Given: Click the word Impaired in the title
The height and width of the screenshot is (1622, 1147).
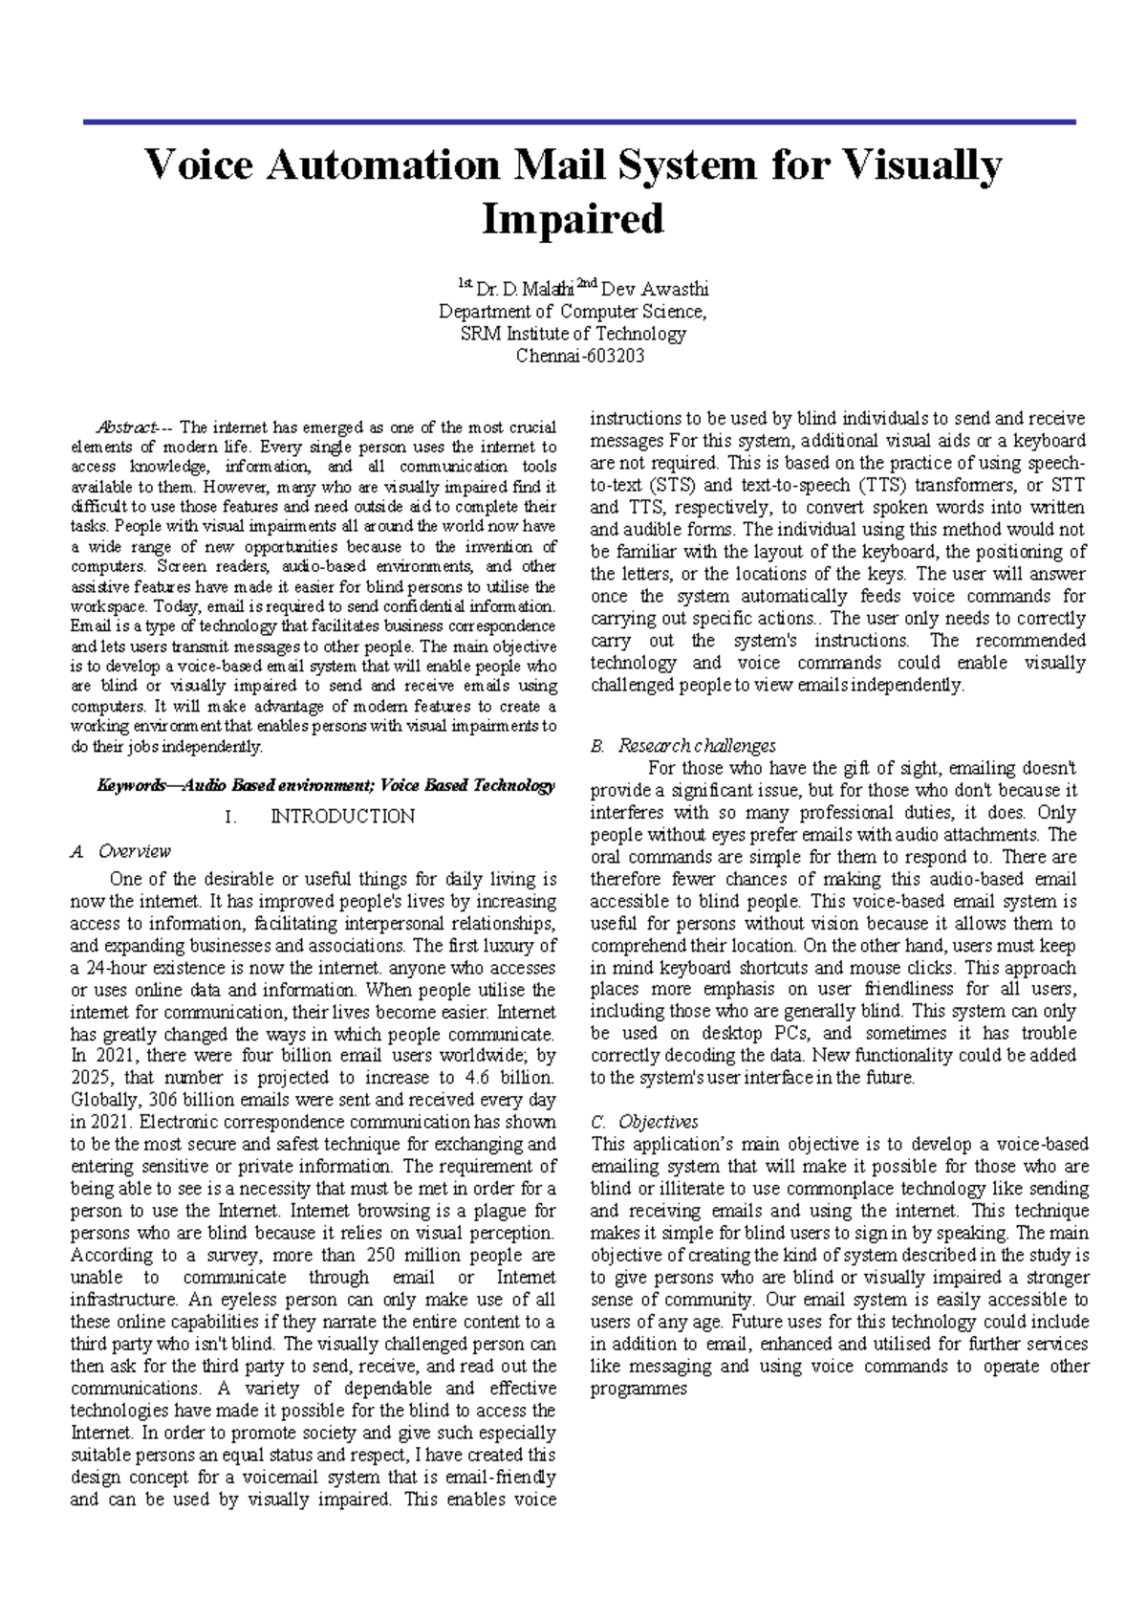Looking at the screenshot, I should (x=573, y=219).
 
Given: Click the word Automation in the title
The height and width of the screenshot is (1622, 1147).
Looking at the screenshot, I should (x=382, y=165).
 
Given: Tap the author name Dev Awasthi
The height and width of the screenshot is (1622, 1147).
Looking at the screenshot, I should (x=655, y=289).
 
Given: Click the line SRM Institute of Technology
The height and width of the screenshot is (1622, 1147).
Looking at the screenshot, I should (x=573, y=334).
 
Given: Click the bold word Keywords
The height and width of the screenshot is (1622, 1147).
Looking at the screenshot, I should (x=131, y=785).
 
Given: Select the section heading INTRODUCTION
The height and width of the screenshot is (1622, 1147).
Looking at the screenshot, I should (x=342, y=816).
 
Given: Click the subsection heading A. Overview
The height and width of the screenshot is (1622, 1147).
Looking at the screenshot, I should (x=121, y=851).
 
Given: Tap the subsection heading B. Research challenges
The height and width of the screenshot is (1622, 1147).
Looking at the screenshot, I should (x=683, y=745).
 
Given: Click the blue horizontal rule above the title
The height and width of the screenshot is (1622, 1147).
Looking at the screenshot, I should (x=579, y=122).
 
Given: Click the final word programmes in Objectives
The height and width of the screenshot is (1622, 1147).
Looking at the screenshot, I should (x=638, y=1388).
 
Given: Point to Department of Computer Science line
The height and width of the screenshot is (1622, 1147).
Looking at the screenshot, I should (x=573, y=312).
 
